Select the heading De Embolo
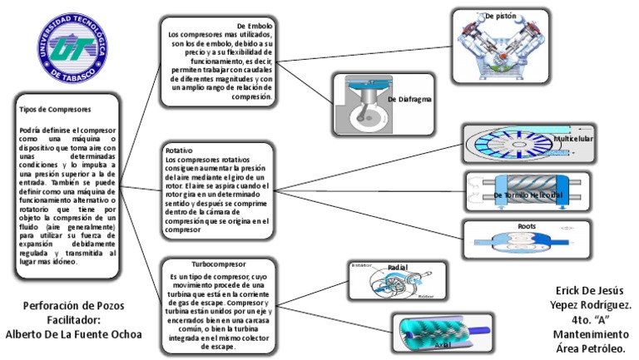point(255,26)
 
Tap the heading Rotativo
point(179,150)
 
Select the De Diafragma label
point(409,100)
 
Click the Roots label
point(527,226)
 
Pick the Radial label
point(397,267)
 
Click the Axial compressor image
point(425,334)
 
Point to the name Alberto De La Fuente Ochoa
point(73,334)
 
